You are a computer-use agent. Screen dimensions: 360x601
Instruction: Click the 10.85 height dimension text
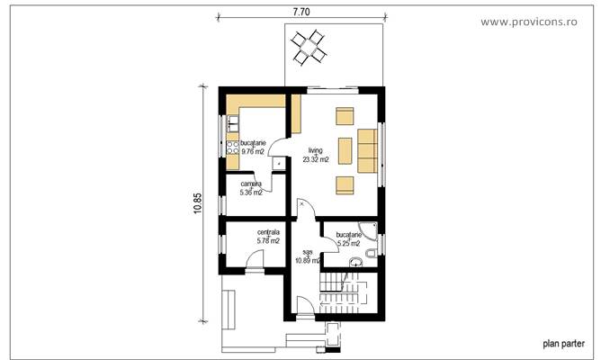(x=197, y=202)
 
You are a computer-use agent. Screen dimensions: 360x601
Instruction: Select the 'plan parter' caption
(x=563, y=343)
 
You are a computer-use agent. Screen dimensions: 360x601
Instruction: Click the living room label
(x=315, y=150)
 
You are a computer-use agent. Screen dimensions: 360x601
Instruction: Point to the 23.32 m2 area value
(x=315, y=159)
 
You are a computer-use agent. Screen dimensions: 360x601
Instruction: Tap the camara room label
(x=251, y=184)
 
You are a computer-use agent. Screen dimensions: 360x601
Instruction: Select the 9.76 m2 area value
(x=253, y=152)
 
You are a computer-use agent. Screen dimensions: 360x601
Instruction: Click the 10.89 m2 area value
(x=309, y=261)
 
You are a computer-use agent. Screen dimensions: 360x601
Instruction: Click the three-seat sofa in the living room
(x=367, y=149)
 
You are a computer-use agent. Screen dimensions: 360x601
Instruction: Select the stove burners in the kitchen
(x=231, y=148)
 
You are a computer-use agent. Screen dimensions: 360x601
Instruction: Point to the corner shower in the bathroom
(x=370, y=229)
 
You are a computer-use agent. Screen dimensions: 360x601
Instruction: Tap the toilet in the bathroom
(x=359, y=261)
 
